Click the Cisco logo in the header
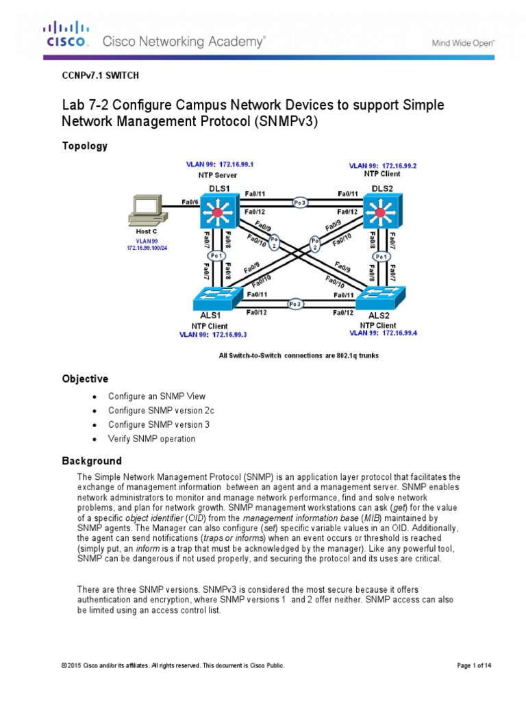coord(66,34)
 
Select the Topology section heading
coord(85,146)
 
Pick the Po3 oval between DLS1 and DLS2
coord(300,202)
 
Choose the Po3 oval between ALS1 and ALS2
coord(295,303)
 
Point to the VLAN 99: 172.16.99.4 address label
coord(384,333)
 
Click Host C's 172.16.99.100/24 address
coord(147,247)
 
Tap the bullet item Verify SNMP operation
coord(151,439)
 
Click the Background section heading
coord(92,461)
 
